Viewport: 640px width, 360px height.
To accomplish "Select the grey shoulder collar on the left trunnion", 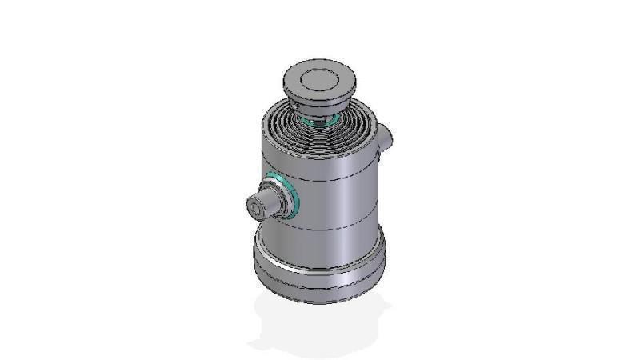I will (x=278, y=200).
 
